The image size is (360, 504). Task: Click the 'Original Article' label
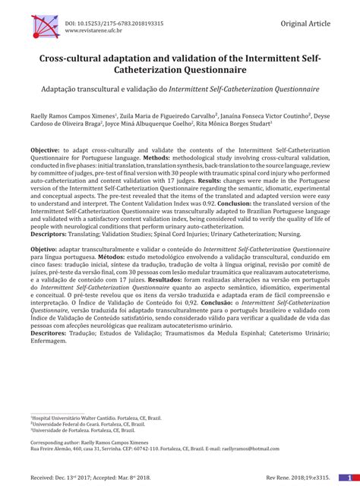[x=305, y=24]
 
